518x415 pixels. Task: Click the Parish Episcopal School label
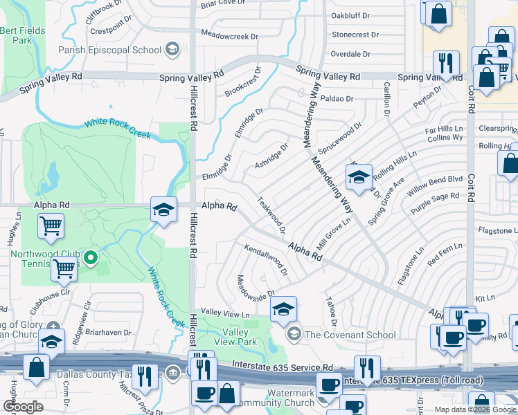(110, 50)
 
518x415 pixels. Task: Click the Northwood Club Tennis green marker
(96, 260)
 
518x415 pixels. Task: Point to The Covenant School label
(350, 335)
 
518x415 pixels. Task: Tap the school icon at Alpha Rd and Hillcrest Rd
(163, 210)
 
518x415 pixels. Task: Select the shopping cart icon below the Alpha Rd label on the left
(51, 225)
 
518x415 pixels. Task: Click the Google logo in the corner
(24, 407)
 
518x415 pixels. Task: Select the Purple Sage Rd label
(435, 201)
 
